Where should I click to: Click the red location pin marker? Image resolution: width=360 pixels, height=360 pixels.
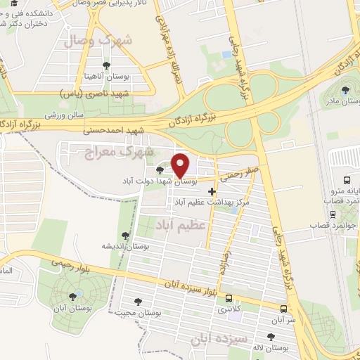181,165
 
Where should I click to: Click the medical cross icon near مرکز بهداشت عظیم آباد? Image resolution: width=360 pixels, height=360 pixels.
212,191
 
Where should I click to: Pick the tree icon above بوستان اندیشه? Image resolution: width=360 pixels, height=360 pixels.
125,236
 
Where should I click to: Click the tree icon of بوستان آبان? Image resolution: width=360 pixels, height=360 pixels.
74,297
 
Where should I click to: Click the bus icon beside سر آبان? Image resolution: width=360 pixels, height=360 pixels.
283,309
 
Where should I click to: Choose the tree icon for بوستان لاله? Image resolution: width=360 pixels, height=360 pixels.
274,337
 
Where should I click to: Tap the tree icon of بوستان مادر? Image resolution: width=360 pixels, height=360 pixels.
345,89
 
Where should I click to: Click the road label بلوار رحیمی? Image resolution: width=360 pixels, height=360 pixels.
70,264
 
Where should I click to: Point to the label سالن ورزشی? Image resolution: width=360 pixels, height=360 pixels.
65,113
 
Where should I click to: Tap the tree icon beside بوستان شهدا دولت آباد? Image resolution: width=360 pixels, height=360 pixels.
161,170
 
